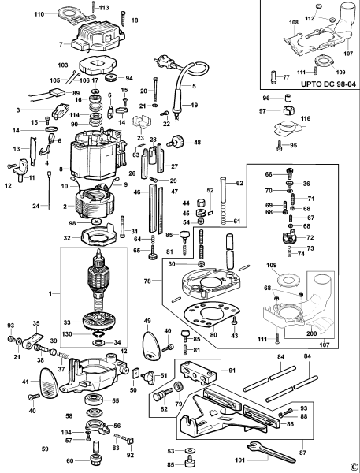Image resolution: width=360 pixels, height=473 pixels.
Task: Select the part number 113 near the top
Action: pyautogui.click(x=105, y=7)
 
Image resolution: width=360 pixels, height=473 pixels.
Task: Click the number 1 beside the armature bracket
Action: pyautogui.click(x=53, y=293)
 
